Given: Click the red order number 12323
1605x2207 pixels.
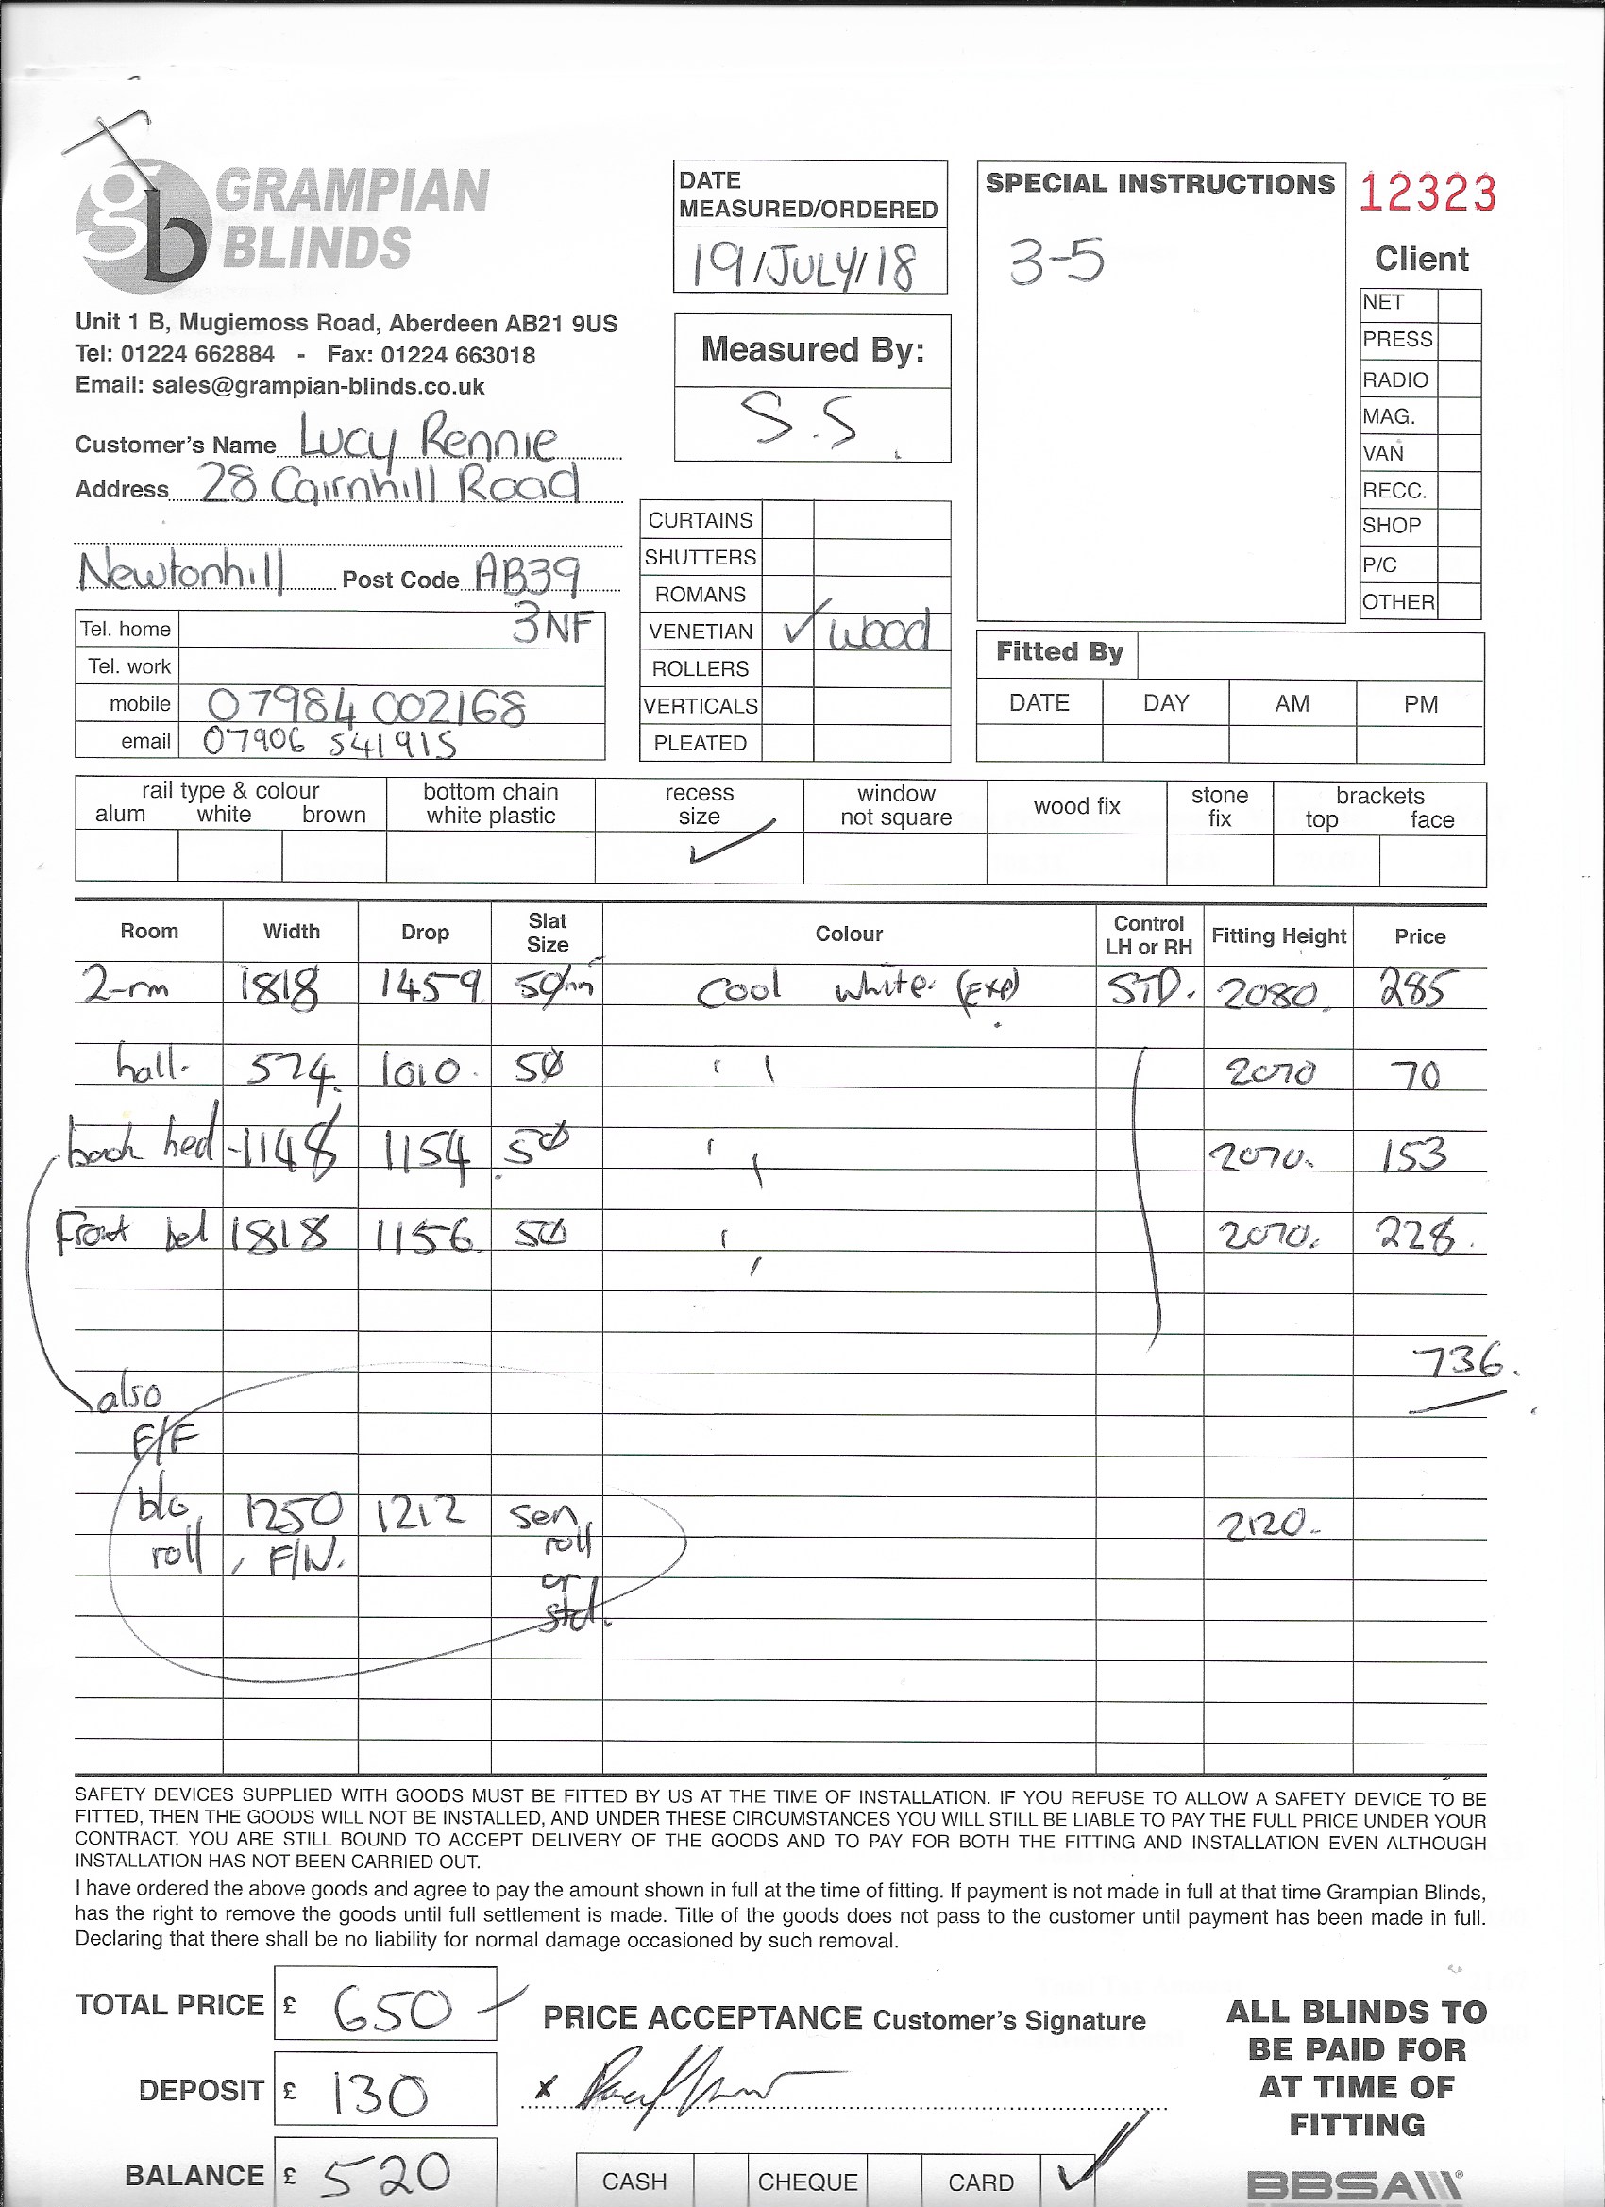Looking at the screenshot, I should pos(1426,193).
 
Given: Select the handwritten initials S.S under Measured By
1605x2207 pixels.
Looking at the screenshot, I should pos(799,421).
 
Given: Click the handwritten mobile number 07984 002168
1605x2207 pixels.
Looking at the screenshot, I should pos(367,705).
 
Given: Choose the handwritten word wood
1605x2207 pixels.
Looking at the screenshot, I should pos(879,632).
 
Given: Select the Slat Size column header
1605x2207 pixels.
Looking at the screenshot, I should pos(547,933).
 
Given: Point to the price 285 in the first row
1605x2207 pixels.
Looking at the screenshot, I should pos(1417,990).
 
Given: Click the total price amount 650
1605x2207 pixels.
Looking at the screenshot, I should pos(392,2010).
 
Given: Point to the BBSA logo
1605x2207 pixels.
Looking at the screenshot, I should pos(1353,2184).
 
